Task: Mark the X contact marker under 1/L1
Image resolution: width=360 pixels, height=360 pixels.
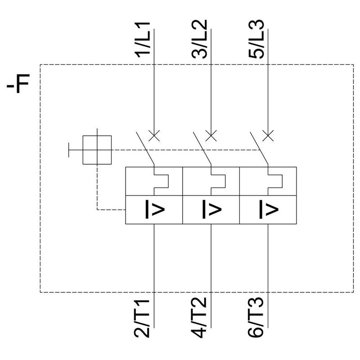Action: point(154,135)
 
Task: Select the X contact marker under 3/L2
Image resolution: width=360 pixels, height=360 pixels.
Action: point(211,135)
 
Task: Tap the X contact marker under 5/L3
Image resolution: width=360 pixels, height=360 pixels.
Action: point(267,135)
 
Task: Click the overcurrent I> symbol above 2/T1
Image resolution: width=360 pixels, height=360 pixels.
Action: point(154,209)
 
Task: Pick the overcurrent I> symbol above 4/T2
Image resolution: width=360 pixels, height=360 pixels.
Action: point(211,209)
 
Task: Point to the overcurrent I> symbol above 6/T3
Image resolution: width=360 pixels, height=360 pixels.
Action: point(267,209)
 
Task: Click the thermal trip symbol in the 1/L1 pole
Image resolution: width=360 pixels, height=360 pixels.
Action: point(161,181)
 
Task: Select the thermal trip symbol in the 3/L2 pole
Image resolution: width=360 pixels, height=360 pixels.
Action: point(217,181)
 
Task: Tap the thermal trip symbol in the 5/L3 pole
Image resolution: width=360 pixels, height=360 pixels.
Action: point(274,181)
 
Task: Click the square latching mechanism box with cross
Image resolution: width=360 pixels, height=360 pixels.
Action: point(98,150)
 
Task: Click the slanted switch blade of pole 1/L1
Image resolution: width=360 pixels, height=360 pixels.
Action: point(145,148)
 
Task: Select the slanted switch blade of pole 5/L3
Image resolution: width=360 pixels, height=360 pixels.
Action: point(258,148)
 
